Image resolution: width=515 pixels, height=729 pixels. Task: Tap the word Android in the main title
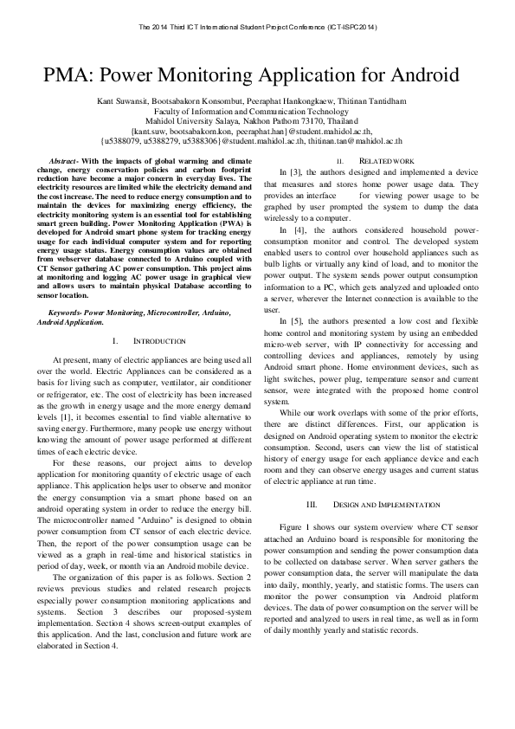click(x=421, y=74)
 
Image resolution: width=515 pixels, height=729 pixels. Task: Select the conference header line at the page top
click(x=257, y=27)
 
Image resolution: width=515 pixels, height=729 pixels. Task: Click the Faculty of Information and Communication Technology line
click(x=257, y=112)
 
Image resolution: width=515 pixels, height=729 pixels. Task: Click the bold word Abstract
click(x=63, y=162)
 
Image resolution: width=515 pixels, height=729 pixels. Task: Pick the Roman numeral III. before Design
click(x=312, y=504)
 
